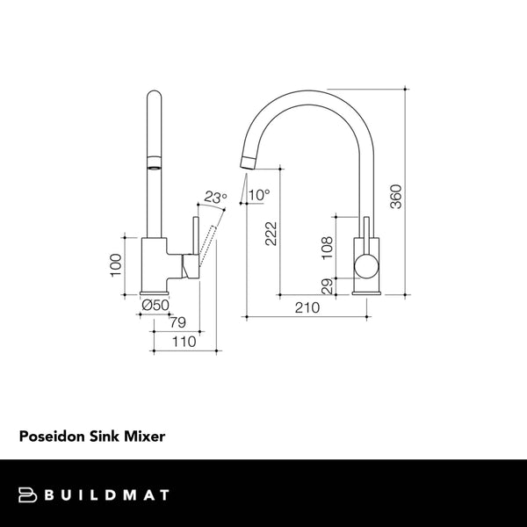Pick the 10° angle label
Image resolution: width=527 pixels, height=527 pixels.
click(x=260, y=194)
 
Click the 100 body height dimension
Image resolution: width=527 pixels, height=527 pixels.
click(x=114, y=264)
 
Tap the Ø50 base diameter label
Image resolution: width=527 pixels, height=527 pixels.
click(x=155, y=305)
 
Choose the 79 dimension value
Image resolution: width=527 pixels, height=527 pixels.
click(x=177, y=321)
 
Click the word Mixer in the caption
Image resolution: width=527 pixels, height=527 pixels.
click(x=146, y=435)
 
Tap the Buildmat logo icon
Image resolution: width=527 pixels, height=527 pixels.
click(x=30, y=495)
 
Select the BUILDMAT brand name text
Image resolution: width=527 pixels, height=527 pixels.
click(x=106, y=495)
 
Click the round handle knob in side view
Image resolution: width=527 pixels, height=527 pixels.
click(x=365, y=266)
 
